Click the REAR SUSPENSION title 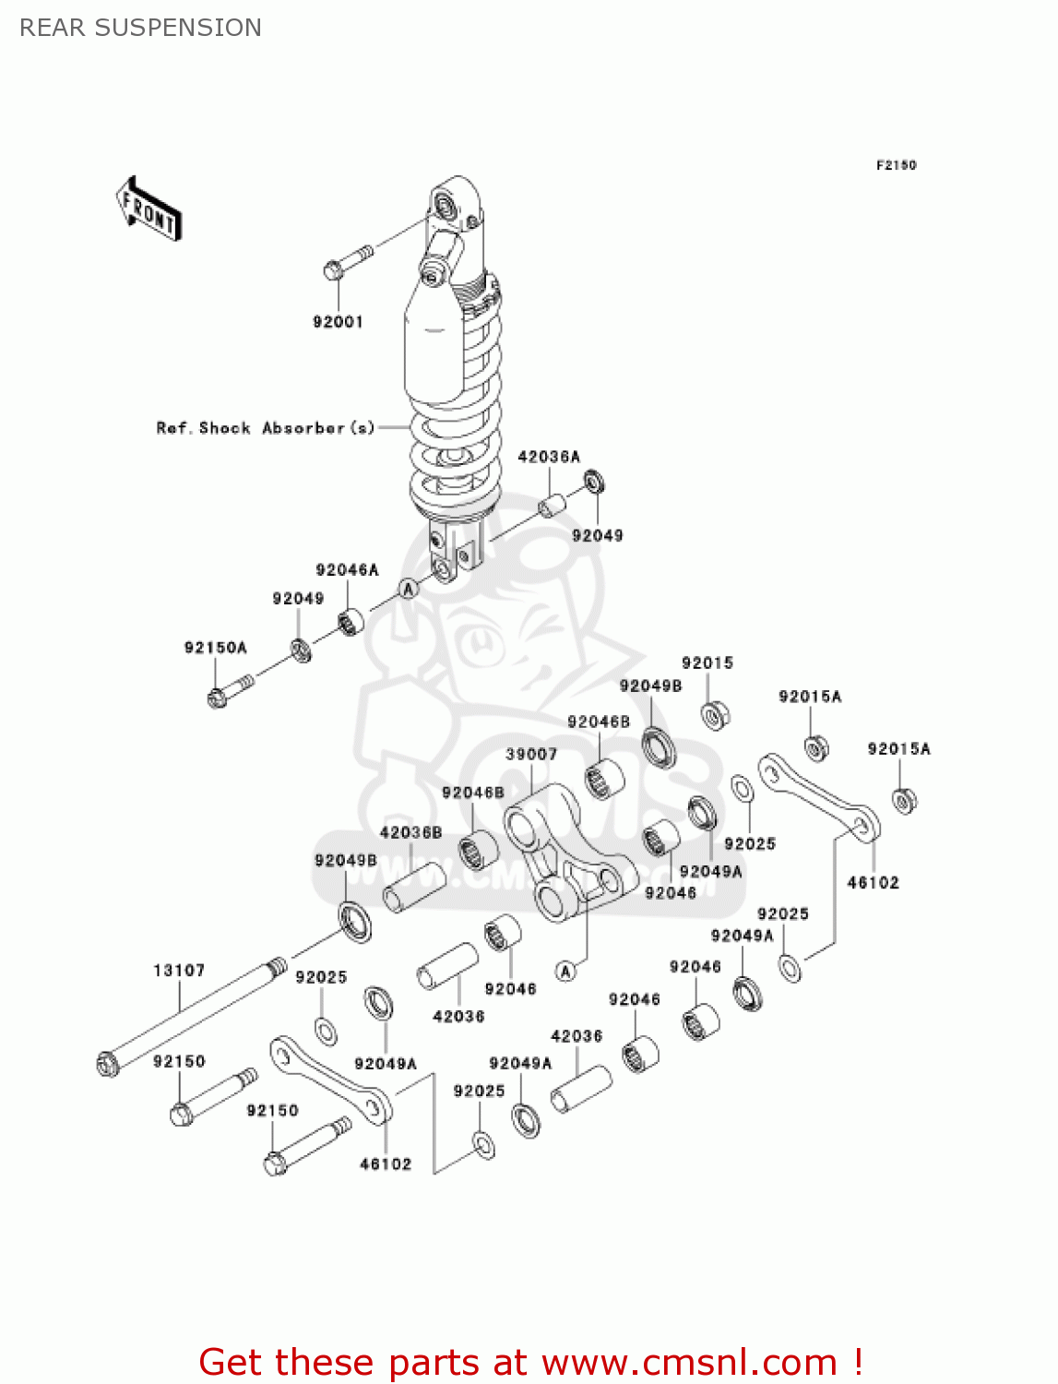coord(140,28)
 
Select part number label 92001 coord(338,322)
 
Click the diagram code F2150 coord(896,165)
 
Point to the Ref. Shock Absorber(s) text coord(266,428)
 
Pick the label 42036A coord(549,457)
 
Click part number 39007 coord(531,755)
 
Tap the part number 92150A coord(216,648)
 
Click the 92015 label coord(707,663)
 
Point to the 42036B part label coord(410,832)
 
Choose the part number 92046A coord(347,570)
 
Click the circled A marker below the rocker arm coord(566,971)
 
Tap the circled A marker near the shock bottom coord(409,589)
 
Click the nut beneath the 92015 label coord(715,715)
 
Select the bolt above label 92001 coord(348,262)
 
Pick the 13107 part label coord(179,971)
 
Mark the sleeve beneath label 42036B coord(414,887)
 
